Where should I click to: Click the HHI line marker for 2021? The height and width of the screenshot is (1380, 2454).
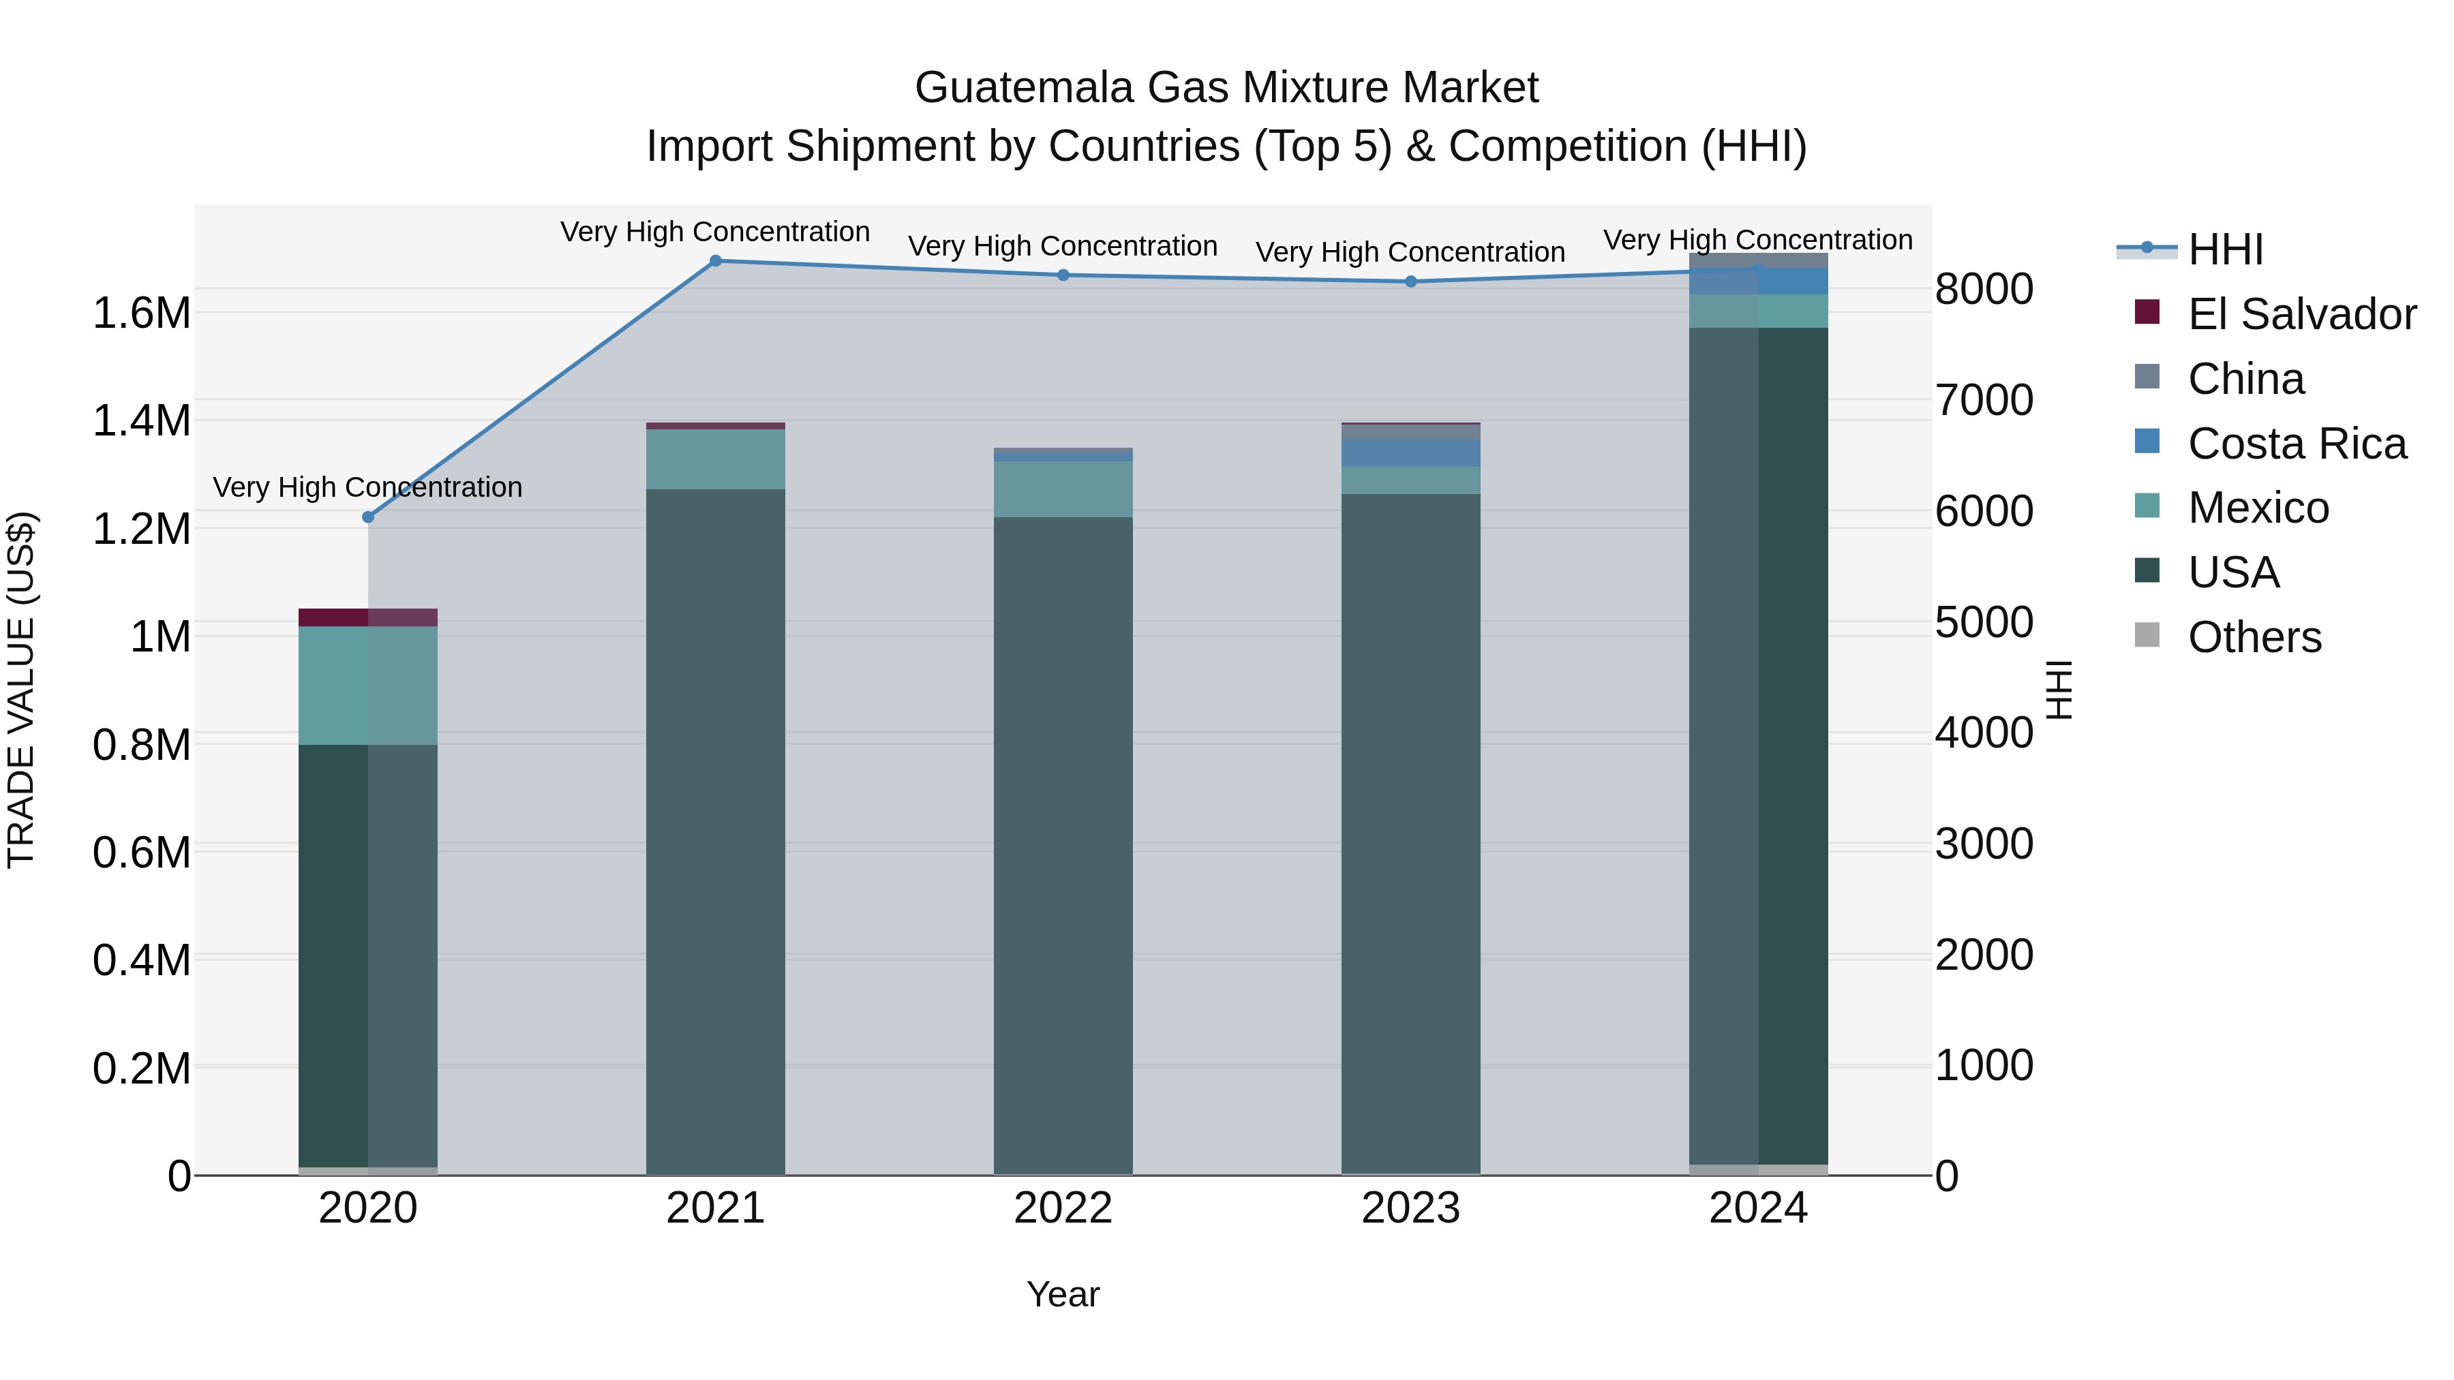716,260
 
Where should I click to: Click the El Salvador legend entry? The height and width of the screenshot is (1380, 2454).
2301,314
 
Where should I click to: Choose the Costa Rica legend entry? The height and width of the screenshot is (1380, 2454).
2296,444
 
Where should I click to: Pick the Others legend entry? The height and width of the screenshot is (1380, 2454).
2254,637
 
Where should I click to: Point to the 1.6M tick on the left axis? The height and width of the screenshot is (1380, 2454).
142,313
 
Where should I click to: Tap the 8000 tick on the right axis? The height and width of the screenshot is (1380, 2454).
1984,290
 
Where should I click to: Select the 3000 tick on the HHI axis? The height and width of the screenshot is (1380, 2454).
1984,844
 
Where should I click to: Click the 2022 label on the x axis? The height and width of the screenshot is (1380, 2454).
1063,1208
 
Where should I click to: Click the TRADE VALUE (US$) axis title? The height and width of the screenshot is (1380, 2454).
21,690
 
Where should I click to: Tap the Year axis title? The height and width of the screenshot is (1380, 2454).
1063,1294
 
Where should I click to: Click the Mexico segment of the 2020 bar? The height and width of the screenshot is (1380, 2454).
367,685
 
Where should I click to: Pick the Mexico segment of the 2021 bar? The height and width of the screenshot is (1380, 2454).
716,459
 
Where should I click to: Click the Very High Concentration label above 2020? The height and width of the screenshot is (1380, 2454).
367,488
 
